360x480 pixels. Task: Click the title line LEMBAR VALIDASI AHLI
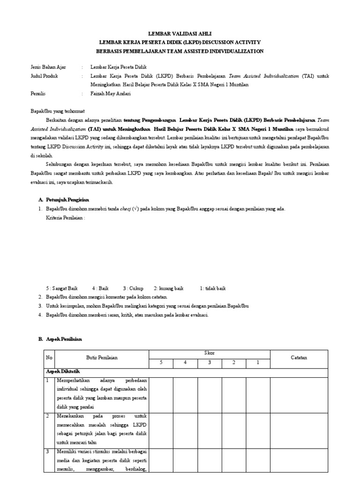coord(180,34)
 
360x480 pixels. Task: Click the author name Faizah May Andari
coord(111,93)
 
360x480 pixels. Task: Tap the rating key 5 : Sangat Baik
coord(62,288)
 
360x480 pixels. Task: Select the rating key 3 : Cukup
coord(133,288)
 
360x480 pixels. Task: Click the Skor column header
coord(209,352)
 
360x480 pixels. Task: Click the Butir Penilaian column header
coord(102,357)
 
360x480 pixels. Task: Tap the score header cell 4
coord(185,362)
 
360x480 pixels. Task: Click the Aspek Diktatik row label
coord(63,371)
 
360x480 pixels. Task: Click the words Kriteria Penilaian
coord(65,218)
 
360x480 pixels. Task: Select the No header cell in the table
coord(49,357)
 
